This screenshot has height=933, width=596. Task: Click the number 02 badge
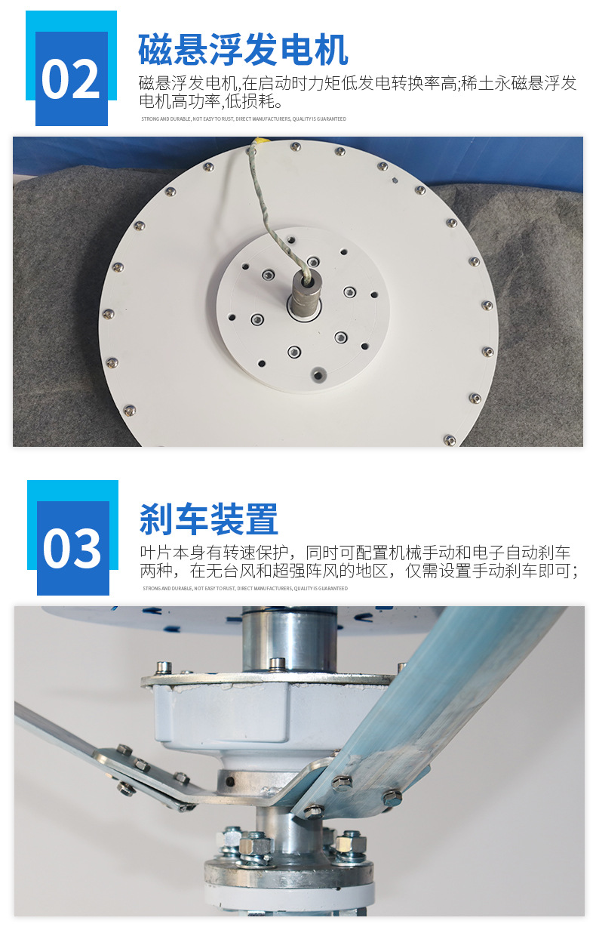(x=70, y=79)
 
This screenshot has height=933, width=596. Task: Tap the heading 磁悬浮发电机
(x=243, y=51)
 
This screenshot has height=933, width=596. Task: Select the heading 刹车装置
(x=209, y=520)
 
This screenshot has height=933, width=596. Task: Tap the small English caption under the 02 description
(x=244, y=119)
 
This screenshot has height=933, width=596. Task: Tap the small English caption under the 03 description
(x=245, y=588)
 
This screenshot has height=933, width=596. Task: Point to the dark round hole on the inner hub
(x=320, y=375)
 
